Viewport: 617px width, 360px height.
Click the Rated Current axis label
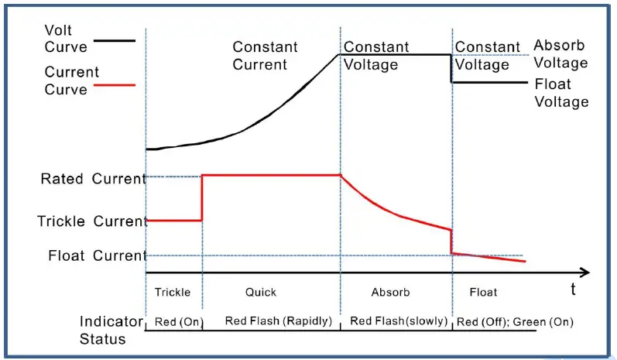click(x=93, y=179)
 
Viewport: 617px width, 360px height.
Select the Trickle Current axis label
click(x=91, y=221)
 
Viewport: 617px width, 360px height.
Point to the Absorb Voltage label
click(x=560, y=54)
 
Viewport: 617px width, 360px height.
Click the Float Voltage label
click(x=561, y=93)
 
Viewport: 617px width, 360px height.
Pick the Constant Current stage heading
click(x=265, y=56)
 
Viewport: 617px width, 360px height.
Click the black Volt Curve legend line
click(x=114, y=40)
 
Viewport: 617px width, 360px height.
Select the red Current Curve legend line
click(x=114, y=84)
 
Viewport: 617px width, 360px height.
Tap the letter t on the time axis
click(x=573, y=290)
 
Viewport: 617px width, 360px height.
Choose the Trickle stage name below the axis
click(x=172, y=293)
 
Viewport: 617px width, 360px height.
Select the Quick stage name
click(x=261, y=293)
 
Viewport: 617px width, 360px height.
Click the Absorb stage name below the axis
click(x=391, y=293)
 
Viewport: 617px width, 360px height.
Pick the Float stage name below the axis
click(x=483, y=293)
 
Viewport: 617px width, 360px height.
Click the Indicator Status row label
click(x=111, y=330)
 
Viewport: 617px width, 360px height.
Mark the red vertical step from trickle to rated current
click(x=202, y=198)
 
